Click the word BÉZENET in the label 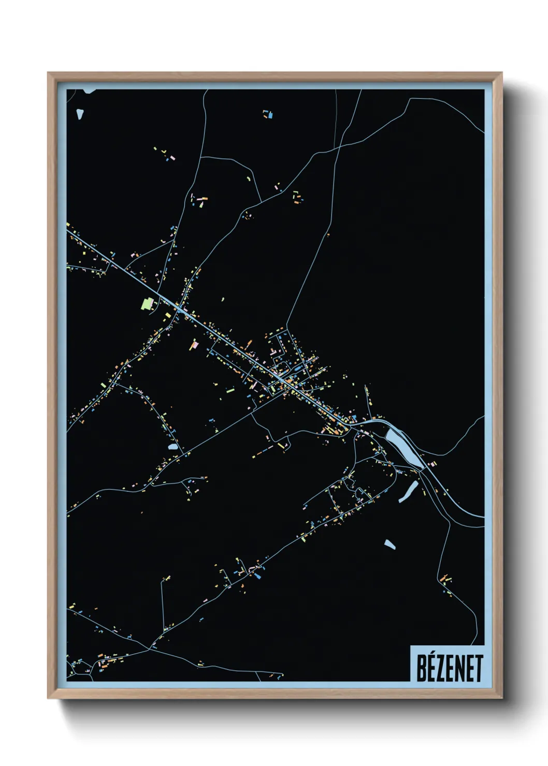coord(449,667)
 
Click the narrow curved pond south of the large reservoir coord(409,492)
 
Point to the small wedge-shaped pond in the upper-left coord(79,113)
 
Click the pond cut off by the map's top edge coord(90,91)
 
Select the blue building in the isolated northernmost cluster coord(269,115)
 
